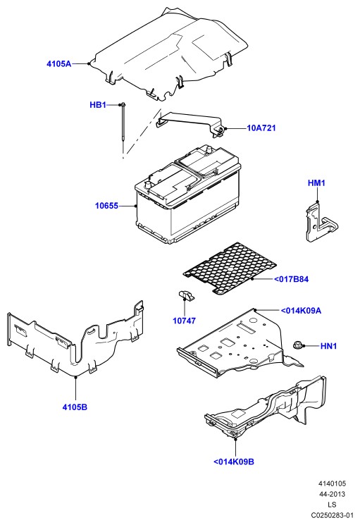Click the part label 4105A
pyautogui.click(x=59, y=63)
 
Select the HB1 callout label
pyautogui.click(x=98, y=105)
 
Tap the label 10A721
pyautogui.click(x=261, y=128)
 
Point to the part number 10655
pyautogui.click(x=106, y=206)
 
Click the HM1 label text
pyautogui.click(x=316, y=183)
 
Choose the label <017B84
pyautogui.click(x=291, y=279)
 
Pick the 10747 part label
pyautogui.click(x=184, y=321)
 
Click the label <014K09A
pyautogui.click(x=301, y=310)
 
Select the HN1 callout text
pyautogui.click(x=328, y=346)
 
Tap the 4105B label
pyautogui.click(x=75, y=407)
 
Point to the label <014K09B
pyautogui.click(x=234, y=462)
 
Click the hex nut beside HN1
pyautogui.click(x=297, y=345)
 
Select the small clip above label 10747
pyautogui.click(x=186, y=295)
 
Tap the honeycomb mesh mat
pyautogui.click(x=230, y=268)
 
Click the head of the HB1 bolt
pyautogui.click(x=123, y=105)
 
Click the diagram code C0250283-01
pyautogui.click(x=332, y=515)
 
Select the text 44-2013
pyautogui.click(x=332, y=494)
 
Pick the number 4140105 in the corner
pyautogui.click(x=332, y=483)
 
